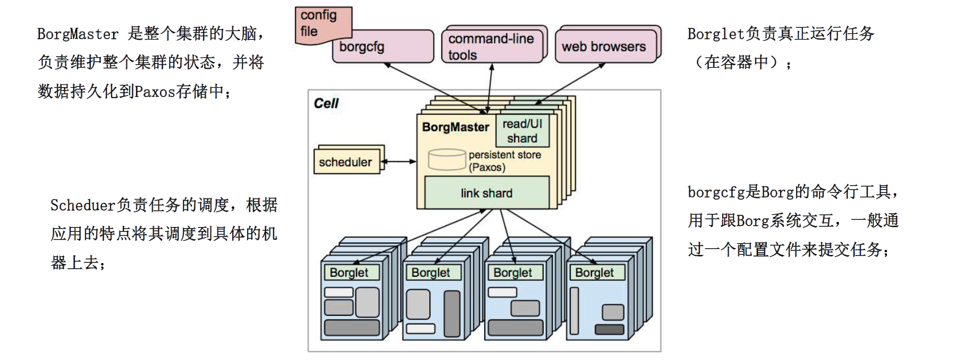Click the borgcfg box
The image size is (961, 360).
point(382,47)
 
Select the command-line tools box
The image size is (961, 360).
point(491,46)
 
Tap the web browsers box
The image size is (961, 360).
point(605,46)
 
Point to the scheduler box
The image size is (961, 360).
point(346,162)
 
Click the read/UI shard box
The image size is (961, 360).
point(522,131)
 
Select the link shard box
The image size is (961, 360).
point(487,193)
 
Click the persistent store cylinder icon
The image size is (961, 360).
point(446,159)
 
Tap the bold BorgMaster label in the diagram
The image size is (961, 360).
point(456,127)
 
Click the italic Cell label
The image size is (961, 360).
point(326,103)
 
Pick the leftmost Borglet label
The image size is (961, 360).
point(350,273)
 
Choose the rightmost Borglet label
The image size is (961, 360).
point(594,273)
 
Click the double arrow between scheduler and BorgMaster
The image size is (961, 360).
point(399,162)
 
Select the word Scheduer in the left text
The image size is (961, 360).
point(83,205)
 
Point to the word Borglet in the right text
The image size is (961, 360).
point(716,34)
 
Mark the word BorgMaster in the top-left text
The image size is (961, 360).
point(77,34)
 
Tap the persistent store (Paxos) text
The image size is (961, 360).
point(504,161)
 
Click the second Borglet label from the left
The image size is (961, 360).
point(431,273)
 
